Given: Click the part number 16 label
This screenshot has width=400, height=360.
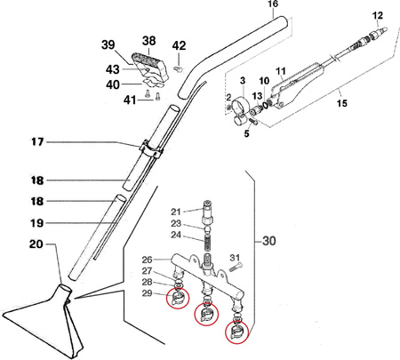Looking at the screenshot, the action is point(273,4).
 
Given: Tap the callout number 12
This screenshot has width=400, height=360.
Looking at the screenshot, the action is point(378,15).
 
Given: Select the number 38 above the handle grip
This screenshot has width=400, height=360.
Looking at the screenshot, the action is point(148,41).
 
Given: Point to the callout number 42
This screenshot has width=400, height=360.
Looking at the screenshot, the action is point(179,45).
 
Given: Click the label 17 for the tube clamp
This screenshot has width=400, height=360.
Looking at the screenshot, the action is point(37,142).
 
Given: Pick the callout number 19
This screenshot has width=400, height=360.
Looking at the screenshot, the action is point(37,223).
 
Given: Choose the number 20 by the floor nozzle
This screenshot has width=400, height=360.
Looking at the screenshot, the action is point(36,244).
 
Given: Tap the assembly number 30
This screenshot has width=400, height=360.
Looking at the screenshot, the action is point(269,241).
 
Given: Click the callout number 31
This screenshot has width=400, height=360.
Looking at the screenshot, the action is point(235,258).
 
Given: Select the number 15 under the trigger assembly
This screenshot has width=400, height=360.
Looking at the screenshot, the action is point(341,103).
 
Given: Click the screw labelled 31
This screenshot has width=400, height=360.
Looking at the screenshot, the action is point(236,268).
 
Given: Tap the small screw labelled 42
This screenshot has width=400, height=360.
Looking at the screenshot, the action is point(178,69).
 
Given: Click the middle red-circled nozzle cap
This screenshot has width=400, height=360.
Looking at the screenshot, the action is point(206,315).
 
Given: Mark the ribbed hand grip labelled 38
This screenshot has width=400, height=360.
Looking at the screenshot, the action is point(150,66).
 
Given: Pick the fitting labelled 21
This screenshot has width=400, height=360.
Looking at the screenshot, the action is point(207,212).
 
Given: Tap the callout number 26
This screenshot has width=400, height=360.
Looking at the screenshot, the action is point(147,260).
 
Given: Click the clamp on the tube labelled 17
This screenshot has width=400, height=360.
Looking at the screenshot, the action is point(150,149).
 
